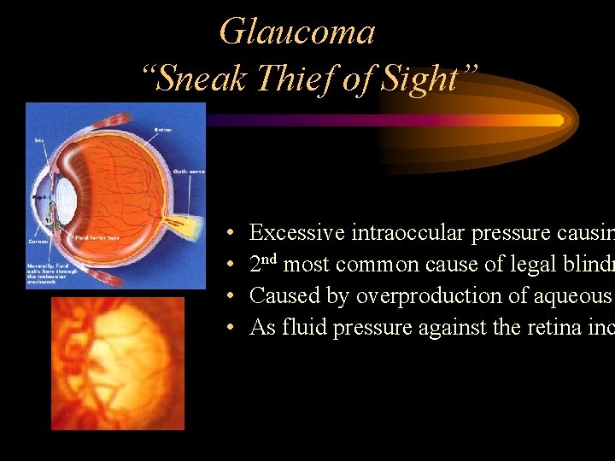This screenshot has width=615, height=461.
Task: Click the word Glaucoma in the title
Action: tap(296, 32)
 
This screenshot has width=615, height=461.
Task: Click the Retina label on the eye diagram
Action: tap(163, 129)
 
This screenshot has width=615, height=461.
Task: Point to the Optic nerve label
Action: tap(188, 172)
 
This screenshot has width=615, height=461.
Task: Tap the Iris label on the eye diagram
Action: tap(39, 140)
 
